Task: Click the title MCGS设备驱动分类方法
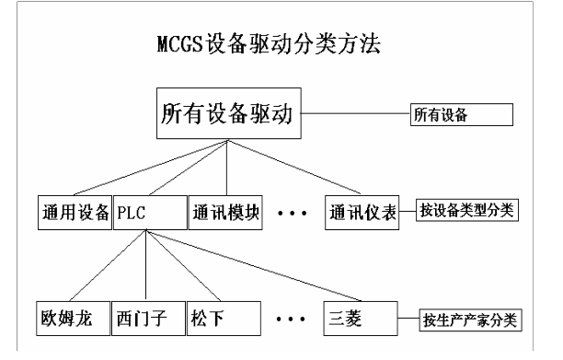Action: click(281, 44)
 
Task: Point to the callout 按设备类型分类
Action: click(467, 209)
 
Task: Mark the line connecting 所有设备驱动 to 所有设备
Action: click(355, 115)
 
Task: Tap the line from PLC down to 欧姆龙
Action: click(109, 266)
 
